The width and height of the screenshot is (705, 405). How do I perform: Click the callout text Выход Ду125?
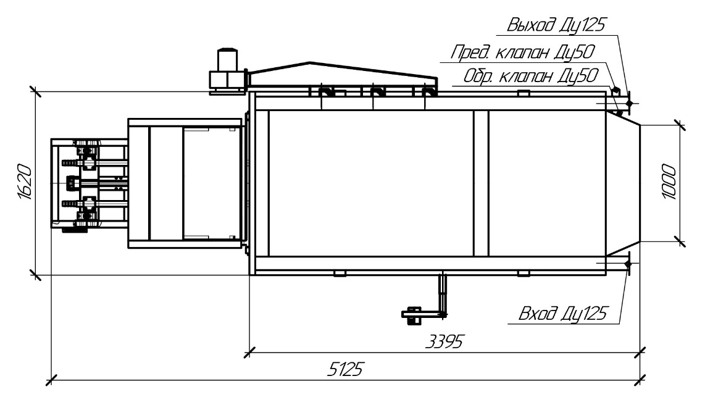pyautogui.click(x=556, y=26)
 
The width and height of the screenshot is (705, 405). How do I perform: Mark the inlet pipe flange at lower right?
pyautogui.click(x=628, y=264)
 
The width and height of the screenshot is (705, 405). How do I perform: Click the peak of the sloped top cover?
pyautogui.click(x=309, y=63)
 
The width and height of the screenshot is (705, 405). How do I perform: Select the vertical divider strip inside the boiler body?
pyautogui.click(x=480, y=183)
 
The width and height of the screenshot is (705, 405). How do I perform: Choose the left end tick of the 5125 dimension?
pyautogui.click(x=51, y=378)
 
